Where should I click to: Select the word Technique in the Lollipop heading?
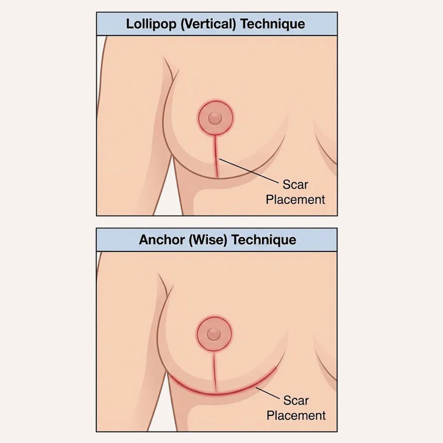[x=273, y=24]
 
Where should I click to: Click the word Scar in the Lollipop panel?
[x=295, y=185]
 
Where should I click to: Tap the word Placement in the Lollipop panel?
[x=295, y=199]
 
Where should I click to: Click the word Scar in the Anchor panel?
[x=296, y=401]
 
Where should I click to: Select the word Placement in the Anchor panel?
[x=296, y=415]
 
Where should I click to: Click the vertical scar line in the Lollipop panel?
[x=215, y=156]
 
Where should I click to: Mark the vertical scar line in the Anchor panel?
[x=215, y=368]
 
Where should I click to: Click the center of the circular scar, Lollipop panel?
[x=215, y=117]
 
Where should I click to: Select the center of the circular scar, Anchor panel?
[x=214, y=334]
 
